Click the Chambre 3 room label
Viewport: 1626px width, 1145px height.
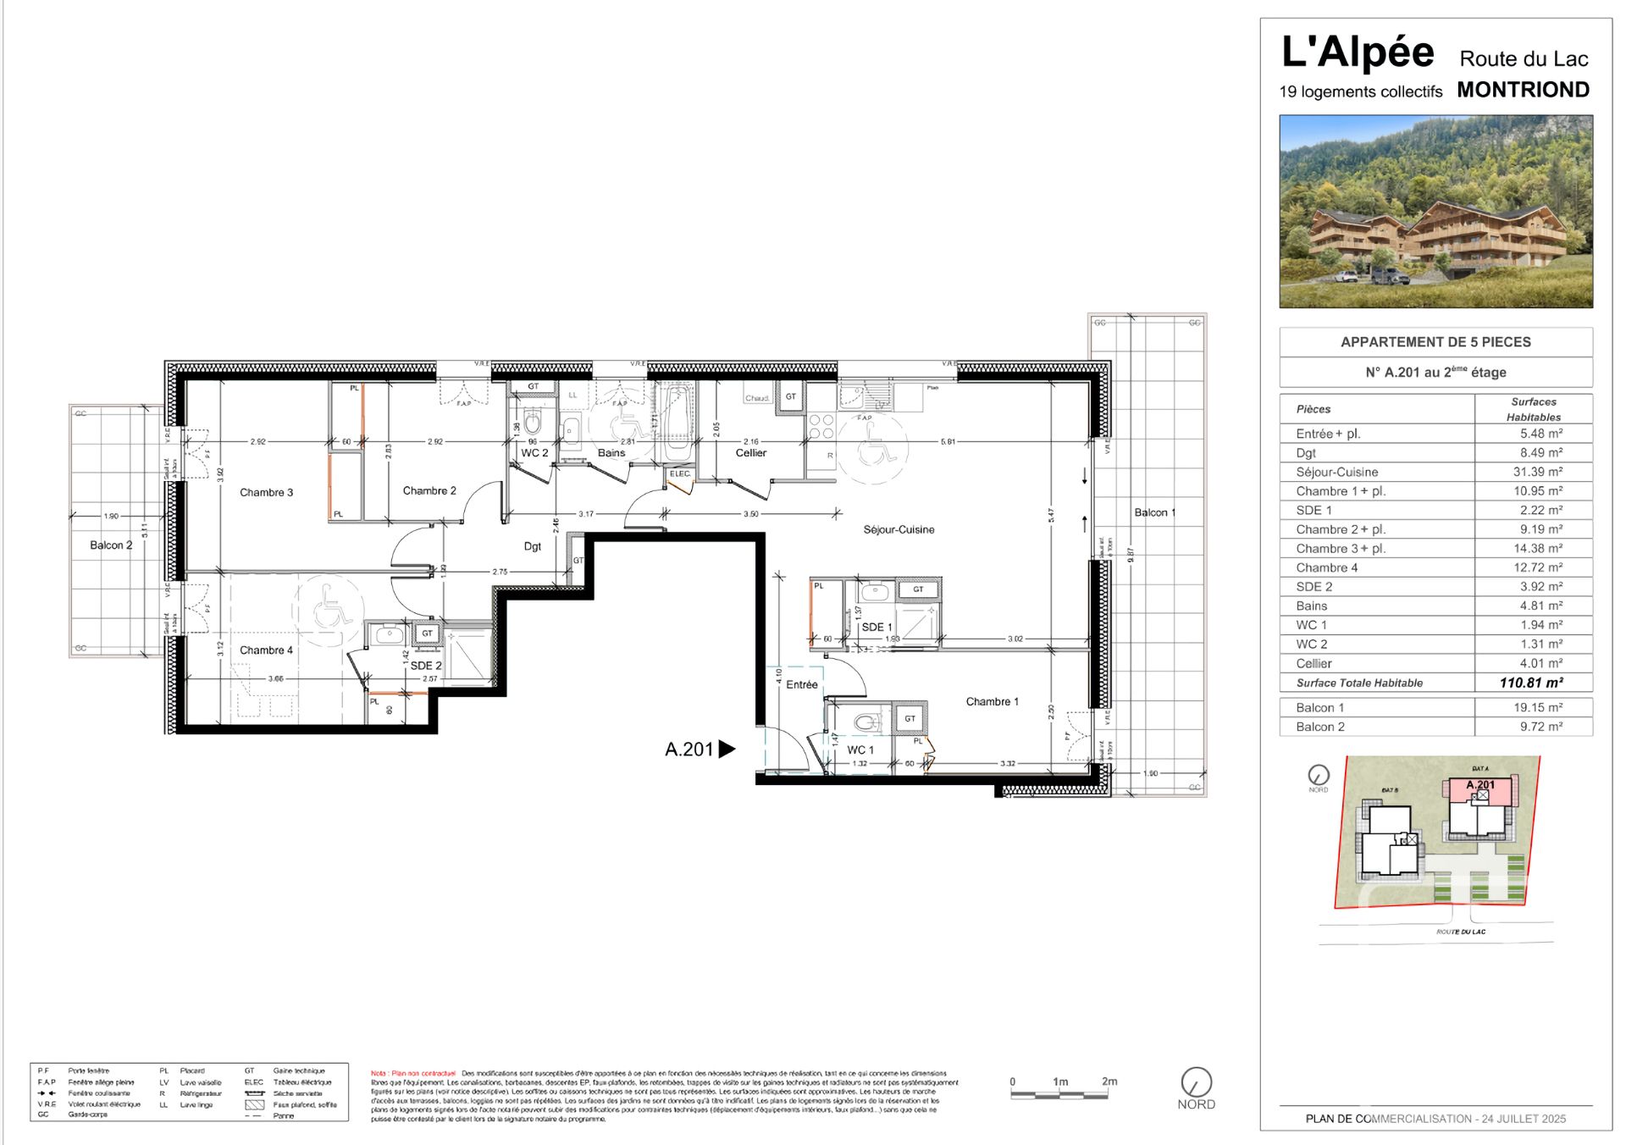(266, 492)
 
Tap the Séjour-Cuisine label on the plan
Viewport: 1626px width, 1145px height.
(899, 529)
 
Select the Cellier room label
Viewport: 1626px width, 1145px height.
(750, 453)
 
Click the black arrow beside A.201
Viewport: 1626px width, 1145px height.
(727, 749)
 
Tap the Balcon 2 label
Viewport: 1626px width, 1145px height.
(111, 545)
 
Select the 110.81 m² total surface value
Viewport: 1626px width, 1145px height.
(1531, 683)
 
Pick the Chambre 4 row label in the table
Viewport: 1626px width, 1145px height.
(1326, 567)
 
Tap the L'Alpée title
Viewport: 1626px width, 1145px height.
(1358, 53)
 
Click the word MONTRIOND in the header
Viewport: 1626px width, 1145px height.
(1523, 90)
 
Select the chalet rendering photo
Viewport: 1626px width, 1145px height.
(1435, 211)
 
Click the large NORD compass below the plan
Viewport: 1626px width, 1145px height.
(1196, 1082)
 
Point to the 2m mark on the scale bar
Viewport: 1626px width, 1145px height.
(1109, 1081)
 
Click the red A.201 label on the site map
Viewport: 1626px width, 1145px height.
(1480, 785)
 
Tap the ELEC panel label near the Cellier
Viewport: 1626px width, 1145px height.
(680, 473)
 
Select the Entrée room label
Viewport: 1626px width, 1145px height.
(801, 684)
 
